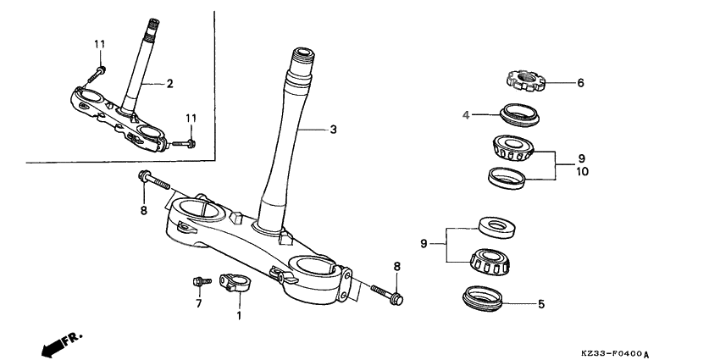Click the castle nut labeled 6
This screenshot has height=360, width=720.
pyautogui.click(x=523, y=82)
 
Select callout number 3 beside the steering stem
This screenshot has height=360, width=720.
pyautogui.click(x=333, y=130)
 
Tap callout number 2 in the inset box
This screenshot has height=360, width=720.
pyautogui.click(x=169, y=83)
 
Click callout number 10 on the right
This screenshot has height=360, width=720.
pyautogui.click(x=582, y=171)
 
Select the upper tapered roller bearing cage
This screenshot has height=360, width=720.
pyautogui.click(x=513, y=149)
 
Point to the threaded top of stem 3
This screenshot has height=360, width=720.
pyautogui.click(x=305, y=62)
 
